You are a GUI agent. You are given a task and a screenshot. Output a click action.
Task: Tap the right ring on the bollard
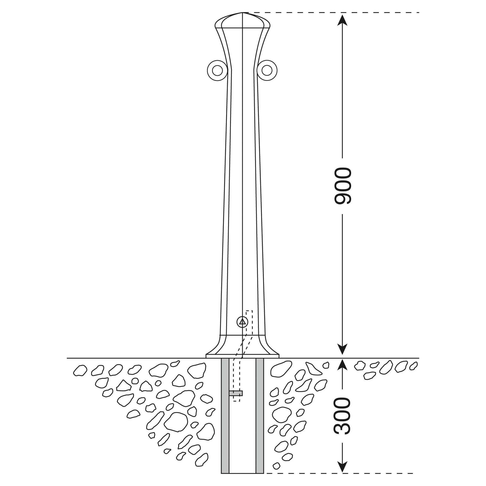click(267, 70)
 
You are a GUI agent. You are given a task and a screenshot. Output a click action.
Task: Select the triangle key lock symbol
click(242, 322)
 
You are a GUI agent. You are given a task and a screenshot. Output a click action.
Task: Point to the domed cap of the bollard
click(242, 20)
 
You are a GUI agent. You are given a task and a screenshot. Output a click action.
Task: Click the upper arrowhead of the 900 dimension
click(342, 20)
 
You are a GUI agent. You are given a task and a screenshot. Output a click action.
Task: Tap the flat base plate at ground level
click(243, 356)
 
